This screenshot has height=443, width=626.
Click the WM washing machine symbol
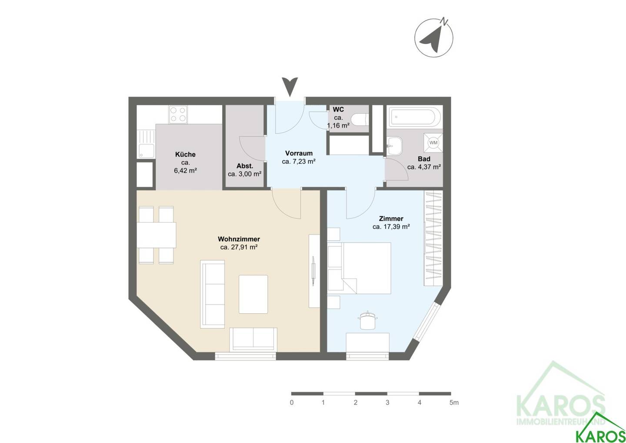pyautogui.click(x=433, y=143)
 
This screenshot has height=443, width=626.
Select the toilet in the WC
pyautogui.click(x=360, y=120)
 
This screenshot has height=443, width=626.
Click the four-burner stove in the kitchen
pyautogui.click(x=178, y=114)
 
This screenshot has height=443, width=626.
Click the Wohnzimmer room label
pyautogui.click(x=239, y=239)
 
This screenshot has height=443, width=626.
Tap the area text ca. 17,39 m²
pyautogui.click(x=391, y=227)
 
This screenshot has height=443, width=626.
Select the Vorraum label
pyautogui.click(x=299, y=153)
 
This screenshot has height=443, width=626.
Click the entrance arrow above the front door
pyautogui.click(x=290, y=87)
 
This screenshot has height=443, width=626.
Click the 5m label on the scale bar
pyautogui.click(x=454, y=403)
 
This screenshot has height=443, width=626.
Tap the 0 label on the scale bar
pyautogui.click(x=292, y=403)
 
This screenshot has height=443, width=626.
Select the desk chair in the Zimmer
pyautogui.click(x=368, y=320)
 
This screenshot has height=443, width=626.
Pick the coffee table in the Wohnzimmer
pyautogui.click(x=253, y=294)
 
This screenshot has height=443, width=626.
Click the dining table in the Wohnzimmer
pyautogui.click(x=156, y=235)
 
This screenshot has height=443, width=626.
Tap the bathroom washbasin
pyautogui.click(x=395, y=145)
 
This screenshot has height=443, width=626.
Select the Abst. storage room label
pyautogui.click(x=245, y=166)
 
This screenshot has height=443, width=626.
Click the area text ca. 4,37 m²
pyautogui.click(x=424, y=167)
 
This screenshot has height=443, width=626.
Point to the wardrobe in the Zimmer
pyautogui.click(x=433, y=238)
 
